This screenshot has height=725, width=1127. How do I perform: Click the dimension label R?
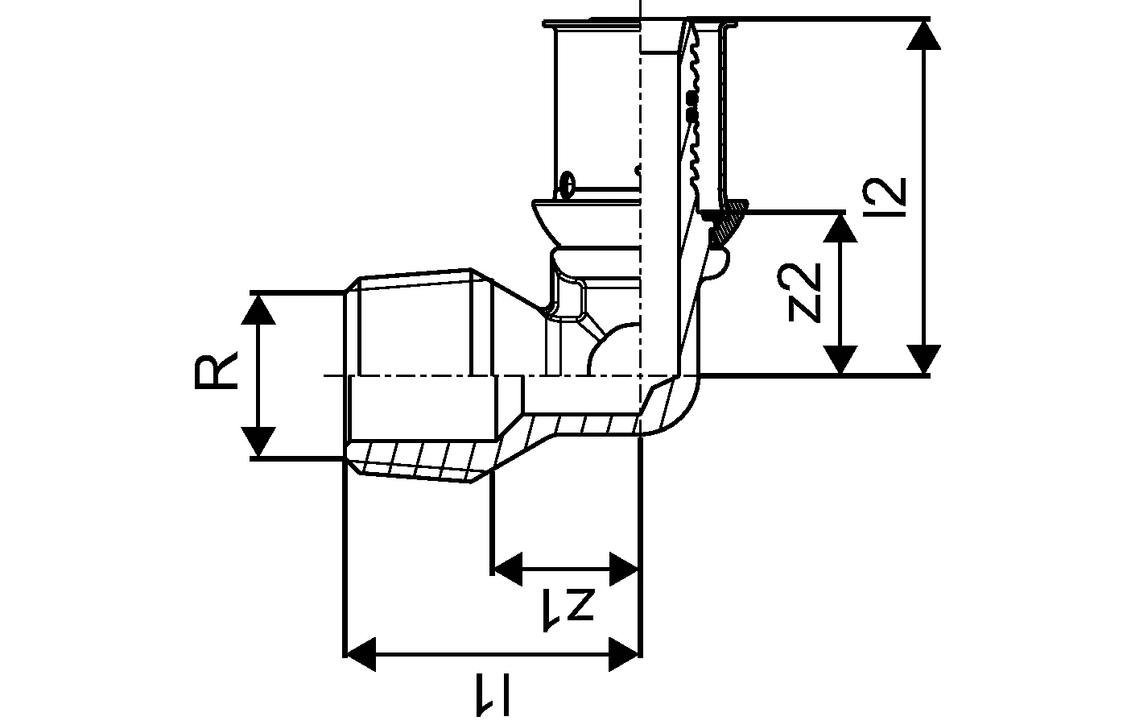[216, 371]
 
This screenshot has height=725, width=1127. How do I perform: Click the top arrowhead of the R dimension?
[258, 307]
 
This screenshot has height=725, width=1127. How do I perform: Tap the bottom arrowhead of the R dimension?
[258, 442]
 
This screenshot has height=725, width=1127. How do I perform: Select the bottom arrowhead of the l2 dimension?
[923, 359]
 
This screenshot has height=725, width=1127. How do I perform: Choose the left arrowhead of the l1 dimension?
[360, 653]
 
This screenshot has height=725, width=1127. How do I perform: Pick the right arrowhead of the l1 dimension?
[625, 653]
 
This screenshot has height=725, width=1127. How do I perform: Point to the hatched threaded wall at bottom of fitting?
[419, 462]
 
